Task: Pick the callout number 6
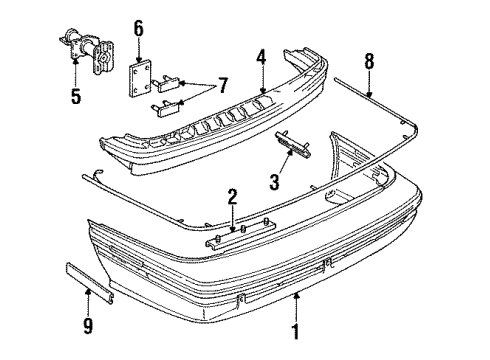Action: pyautogui.click(x=139, y=27)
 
